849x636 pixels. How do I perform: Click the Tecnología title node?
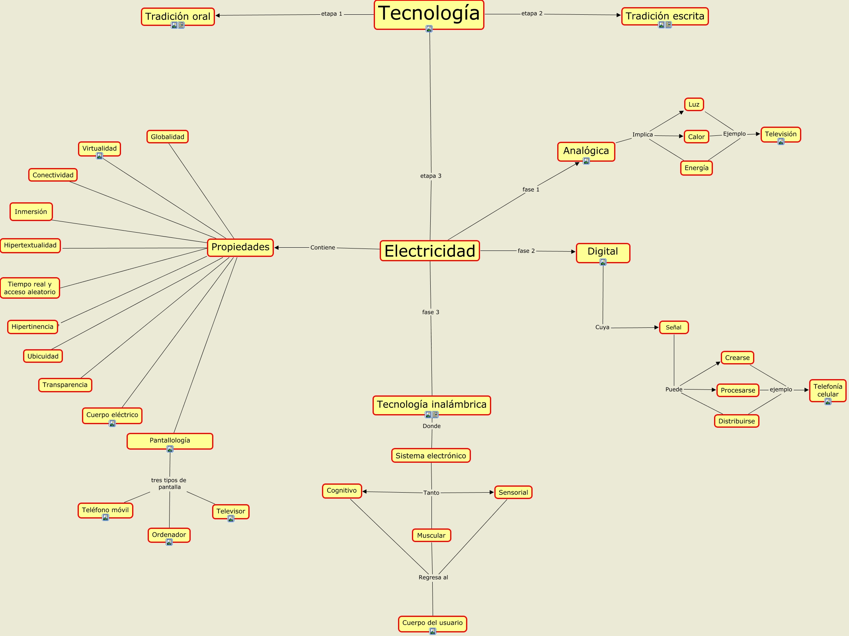pyautogui.click(x=429, y=14)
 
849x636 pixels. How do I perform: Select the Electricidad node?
pyautogui.click(x=429, y=251)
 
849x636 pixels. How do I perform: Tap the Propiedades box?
pyautogui.click(x=240, y=247)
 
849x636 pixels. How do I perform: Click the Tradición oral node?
pyautogui.click(x=178, y=16)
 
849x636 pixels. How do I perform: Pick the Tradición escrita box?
pyautogui.click(x=665, y=16)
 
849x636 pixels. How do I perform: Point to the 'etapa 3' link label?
pyautogui.click(x=431, y=176)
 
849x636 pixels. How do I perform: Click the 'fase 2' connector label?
pyautogui.click(x=526, y=251)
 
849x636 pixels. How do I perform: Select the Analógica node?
pyautogui.click(x=586, y=151)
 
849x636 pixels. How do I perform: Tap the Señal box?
pyautogui.click(x=673, y=327)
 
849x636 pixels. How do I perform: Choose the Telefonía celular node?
pyautogui.click(x=828, y=390)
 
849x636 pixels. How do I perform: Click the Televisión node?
pyautogui.click(x=781, y=134)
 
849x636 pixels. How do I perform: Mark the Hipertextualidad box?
pyautogui.click(x=30, y=245)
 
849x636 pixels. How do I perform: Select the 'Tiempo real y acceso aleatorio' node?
pyautogui.click(x=30, y=288)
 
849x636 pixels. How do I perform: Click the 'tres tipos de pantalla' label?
pyautogui.click(x=169, y=483)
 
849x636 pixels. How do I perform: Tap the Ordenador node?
pyautogui.click(x=169, y=534)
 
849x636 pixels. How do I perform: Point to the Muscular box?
pyautogui.click(x=431, y=535)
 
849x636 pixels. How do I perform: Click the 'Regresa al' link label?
pyautogui.click(x=433, y=577)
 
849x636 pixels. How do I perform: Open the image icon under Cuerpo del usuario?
pyautogui.click(x=433, y=631)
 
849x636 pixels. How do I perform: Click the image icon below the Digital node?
pyautogui.click(x=603, y=262)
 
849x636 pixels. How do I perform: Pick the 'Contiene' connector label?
pyautogui.click(x=323, y=248)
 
